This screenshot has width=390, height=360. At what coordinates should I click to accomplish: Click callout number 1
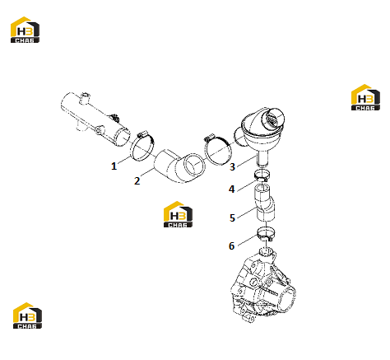tap(114, 166)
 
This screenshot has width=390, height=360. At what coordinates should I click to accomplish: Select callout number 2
tap(137, 180)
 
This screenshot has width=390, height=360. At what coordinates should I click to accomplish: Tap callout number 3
tap(232, 166)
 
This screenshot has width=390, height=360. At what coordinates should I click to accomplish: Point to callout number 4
tap(232, 189)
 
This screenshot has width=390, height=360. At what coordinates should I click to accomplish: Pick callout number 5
tap(232, 217)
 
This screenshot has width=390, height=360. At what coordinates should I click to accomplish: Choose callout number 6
tap(232, 245)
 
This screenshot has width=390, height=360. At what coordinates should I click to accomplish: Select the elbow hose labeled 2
tap(179, 166)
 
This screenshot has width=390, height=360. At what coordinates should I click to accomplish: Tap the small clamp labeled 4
tap(262, 175)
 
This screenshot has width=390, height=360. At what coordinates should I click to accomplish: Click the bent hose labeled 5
tap(264, 203)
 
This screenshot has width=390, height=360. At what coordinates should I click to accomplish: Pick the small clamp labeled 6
tap(265, 233)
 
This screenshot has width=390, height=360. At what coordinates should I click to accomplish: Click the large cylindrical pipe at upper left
tap(95, 118)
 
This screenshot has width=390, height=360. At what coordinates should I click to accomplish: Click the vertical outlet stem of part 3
tap(262, 159)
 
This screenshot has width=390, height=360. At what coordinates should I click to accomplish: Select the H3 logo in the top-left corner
tap(25, 30)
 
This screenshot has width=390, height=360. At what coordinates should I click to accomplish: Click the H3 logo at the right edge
tap(365, 97)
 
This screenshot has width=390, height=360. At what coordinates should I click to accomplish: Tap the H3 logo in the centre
tap(178, 214)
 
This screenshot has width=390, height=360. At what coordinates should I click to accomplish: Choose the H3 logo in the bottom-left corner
tap(27, 316)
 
